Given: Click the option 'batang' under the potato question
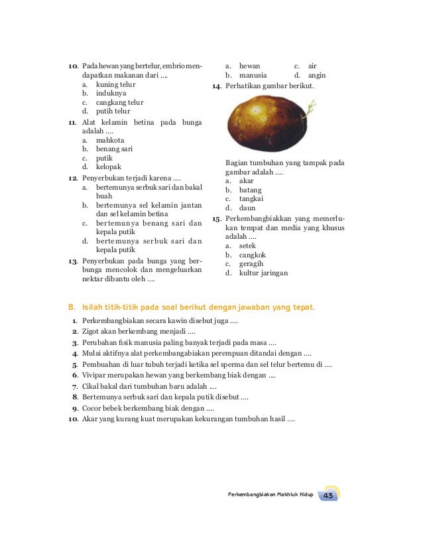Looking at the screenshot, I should point(251,189).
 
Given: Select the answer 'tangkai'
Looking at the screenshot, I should point(252,198).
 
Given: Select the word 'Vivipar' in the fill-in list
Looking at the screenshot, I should point(95,375).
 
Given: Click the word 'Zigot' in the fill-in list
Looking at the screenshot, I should point(93,331).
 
